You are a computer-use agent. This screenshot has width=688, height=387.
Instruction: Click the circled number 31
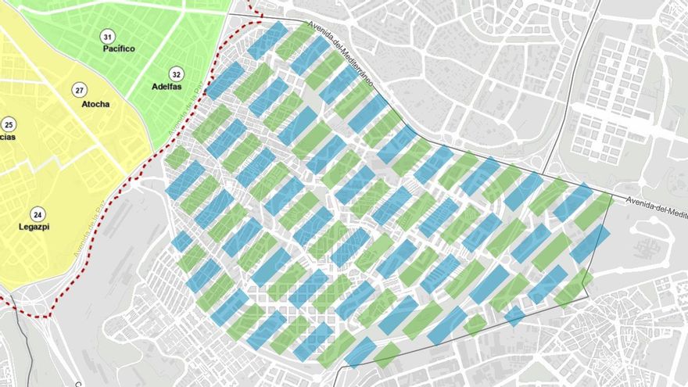coord(106,37)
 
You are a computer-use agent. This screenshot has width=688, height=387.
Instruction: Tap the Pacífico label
coord(119,48)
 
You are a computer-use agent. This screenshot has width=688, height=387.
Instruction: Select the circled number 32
coord(177,75)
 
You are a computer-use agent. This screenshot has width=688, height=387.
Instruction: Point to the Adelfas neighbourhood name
coord(167,87)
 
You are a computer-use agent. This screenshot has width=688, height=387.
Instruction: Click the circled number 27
coord(79,90)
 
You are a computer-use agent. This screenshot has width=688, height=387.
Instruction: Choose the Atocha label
coord(95,104)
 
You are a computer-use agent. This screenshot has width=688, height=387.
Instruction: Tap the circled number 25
coord(9,124)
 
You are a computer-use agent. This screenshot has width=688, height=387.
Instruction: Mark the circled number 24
coord(38,214)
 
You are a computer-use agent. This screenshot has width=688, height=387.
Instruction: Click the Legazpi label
coord(35,227)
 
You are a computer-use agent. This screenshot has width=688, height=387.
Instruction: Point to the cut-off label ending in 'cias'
coord(7,137)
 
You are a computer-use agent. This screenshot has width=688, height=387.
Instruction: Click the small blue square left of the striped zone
coord(181,241)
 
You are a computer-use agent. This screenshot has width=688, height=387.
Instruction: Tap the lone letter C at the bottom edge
coord(78,384)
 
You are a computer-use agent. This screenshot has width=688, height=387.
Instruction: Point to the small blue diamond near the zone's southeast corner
coord(514,316)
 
